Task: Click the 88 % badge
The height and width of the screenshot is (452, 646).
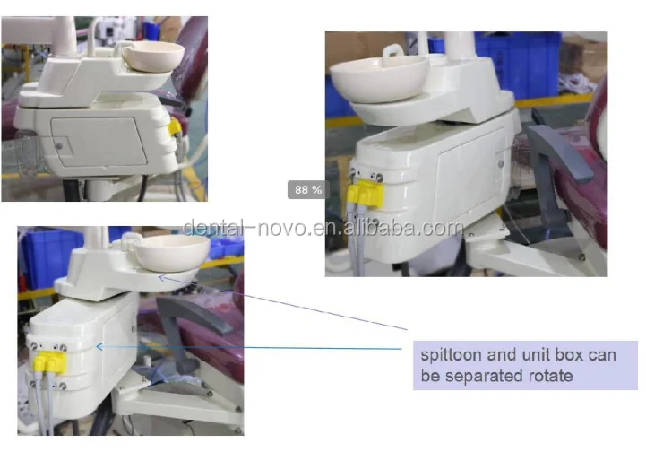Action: pos(306,189)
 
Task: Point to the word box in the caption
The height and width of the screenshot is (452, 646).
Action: pos(567,355)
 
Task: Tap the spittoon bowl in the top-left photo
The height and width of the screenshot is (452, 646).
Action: pos(153,55)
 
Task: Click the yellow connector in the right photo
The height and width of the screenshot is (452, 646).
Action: pos(363,190)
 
